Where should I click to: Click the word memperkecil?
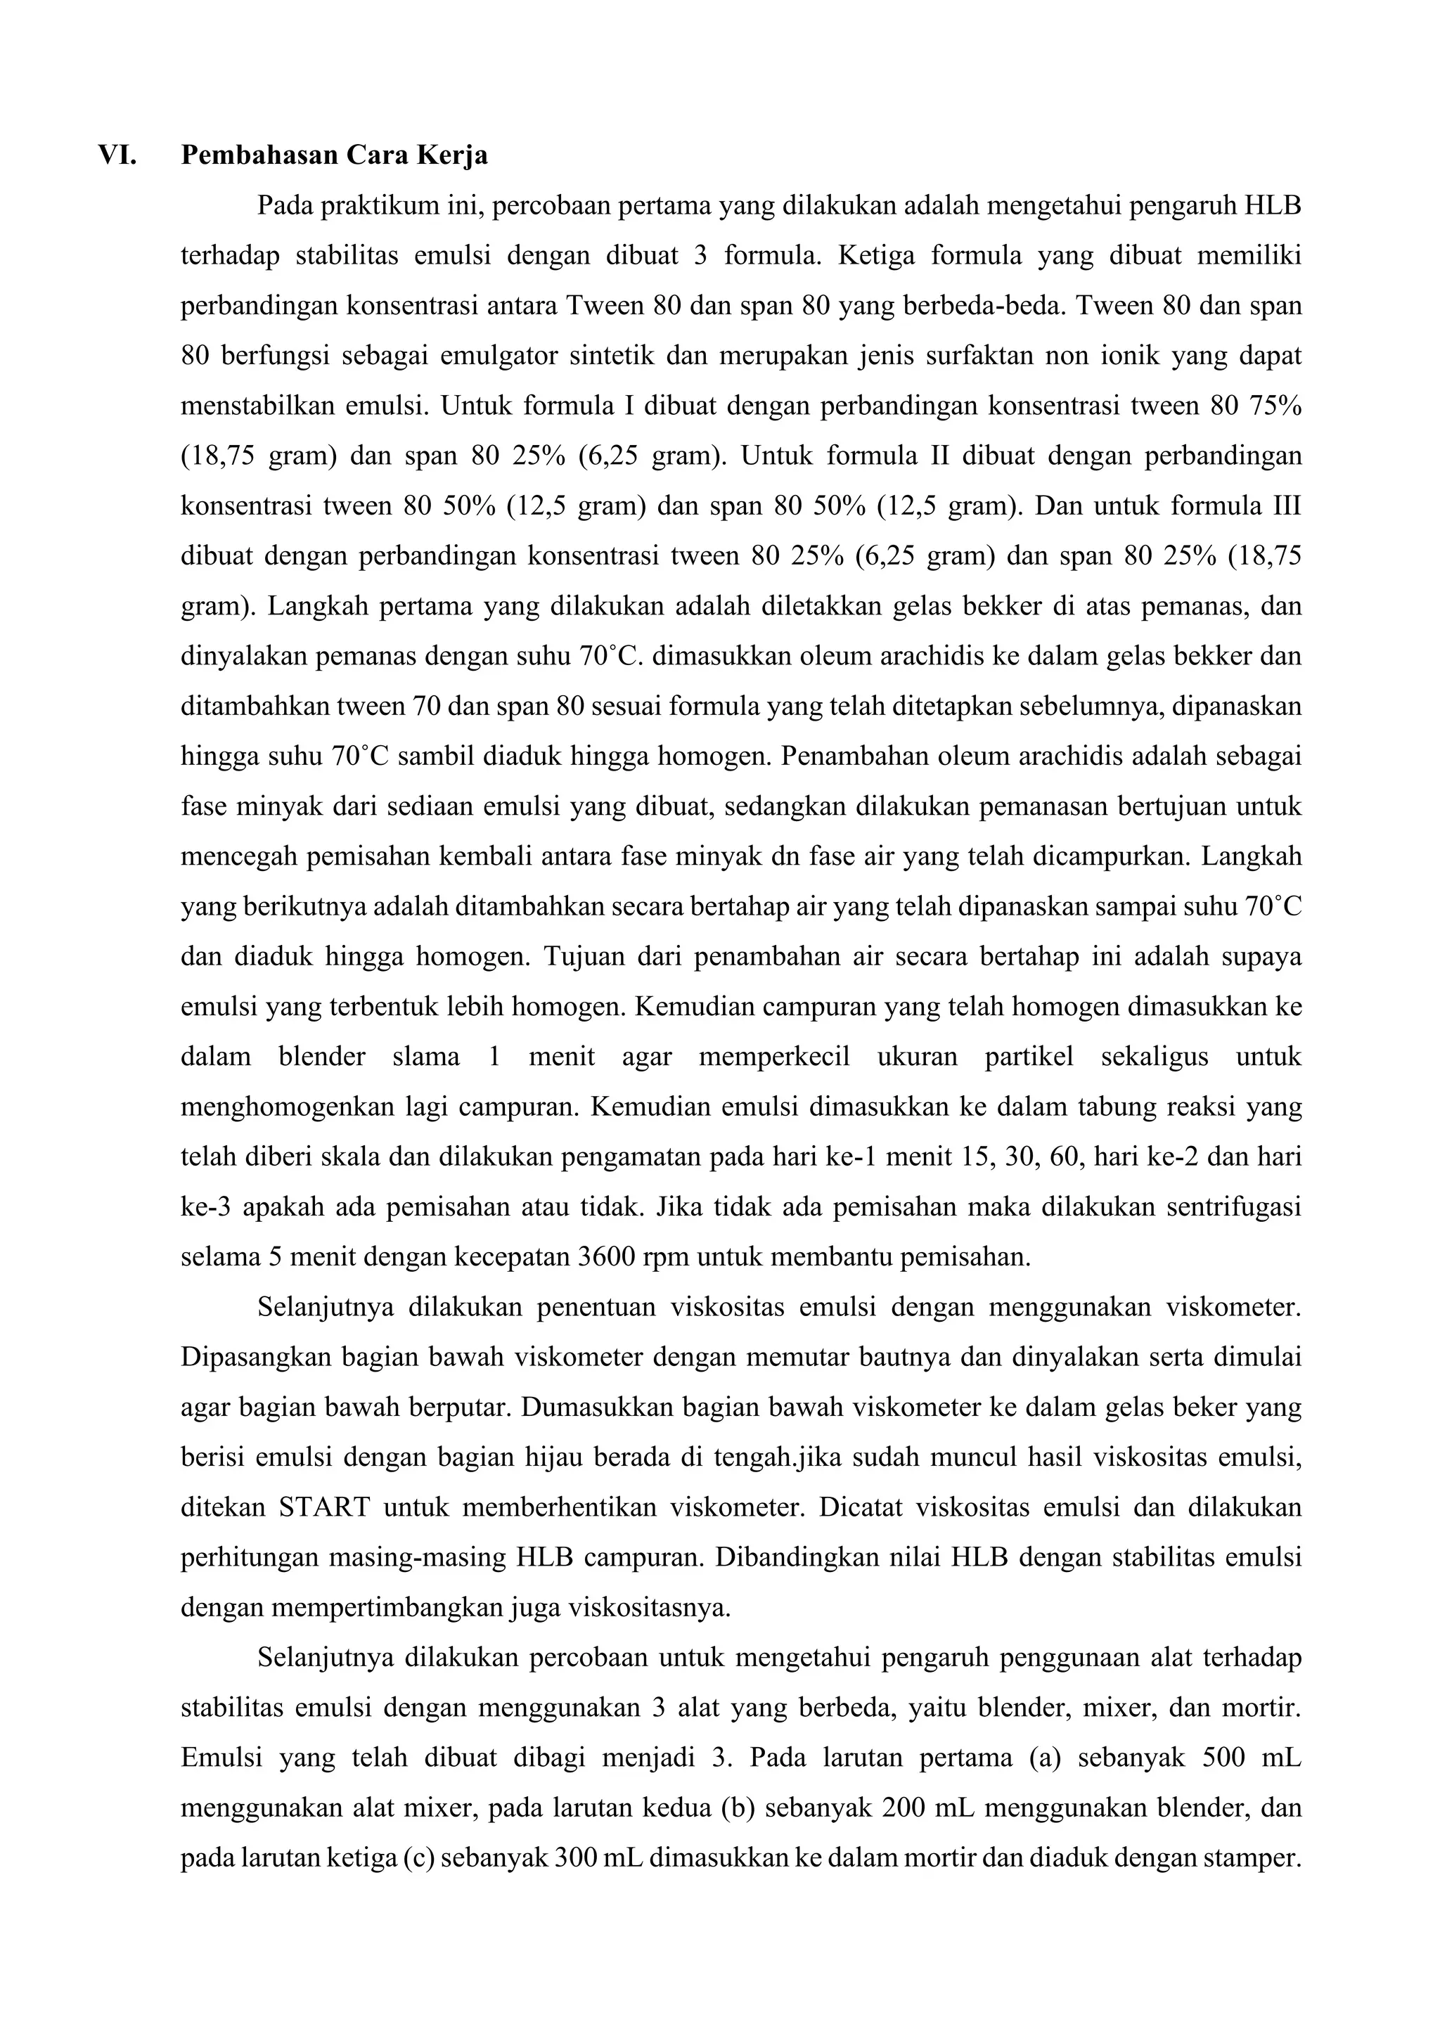pos(773,1057)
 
